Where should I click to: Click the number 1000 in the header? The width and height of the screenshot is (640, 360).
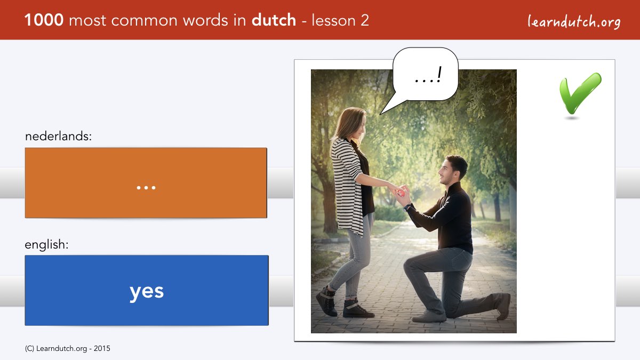[44, 20]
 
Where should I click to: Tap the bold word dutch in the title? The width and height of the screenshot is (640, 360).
[274, 20]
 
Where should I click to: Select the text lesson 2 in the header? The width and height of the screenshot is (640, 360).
[340, 20]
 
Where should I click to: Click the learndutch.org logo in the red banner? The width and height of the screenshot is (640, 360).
[574, 21]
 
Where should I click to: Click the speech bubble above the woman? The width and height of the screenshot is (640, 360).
[425, 74]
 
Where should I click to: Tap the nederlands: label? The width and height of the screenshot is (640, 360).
[58, 137]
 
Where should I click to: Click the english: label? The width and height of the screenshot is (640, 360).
[46, 245]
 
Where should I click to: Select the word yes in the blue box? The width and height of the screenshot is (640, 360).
[147, 292]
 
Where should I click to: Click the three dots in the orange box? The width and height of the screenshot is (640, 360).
[146, 188]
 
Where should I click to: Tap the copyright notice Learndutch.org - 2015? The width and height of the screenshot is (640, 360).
[67, 349]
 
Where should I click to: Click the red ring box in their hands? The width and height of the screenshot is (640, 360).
[400, 193]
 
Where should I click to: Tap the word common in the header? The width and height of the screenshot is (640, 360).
[145, 21]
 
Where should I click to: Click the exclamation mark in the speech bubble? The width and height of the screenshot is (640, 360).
[439, 74]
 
